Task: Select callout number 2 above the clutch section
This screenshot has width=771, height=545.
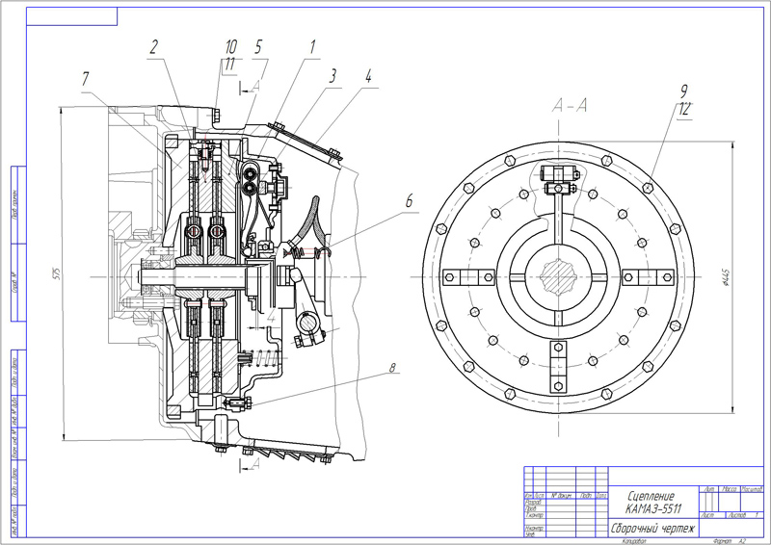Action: (154, 46)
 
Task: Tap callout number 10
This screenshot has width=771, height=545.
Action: (231, 46)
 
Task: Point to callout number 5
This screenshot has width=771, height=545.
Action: (258, 46)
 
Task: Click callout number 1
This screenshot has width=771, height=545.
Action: (311, 46)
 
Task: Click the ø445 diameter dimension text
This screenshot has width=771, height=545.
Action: (751, 279)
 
